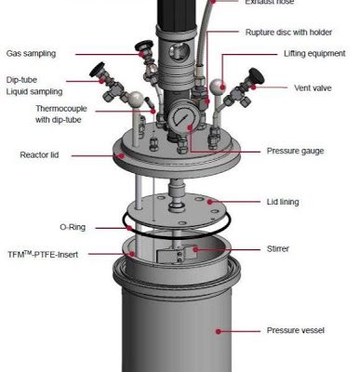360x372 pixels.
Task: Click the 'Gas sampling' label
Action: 28,53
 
